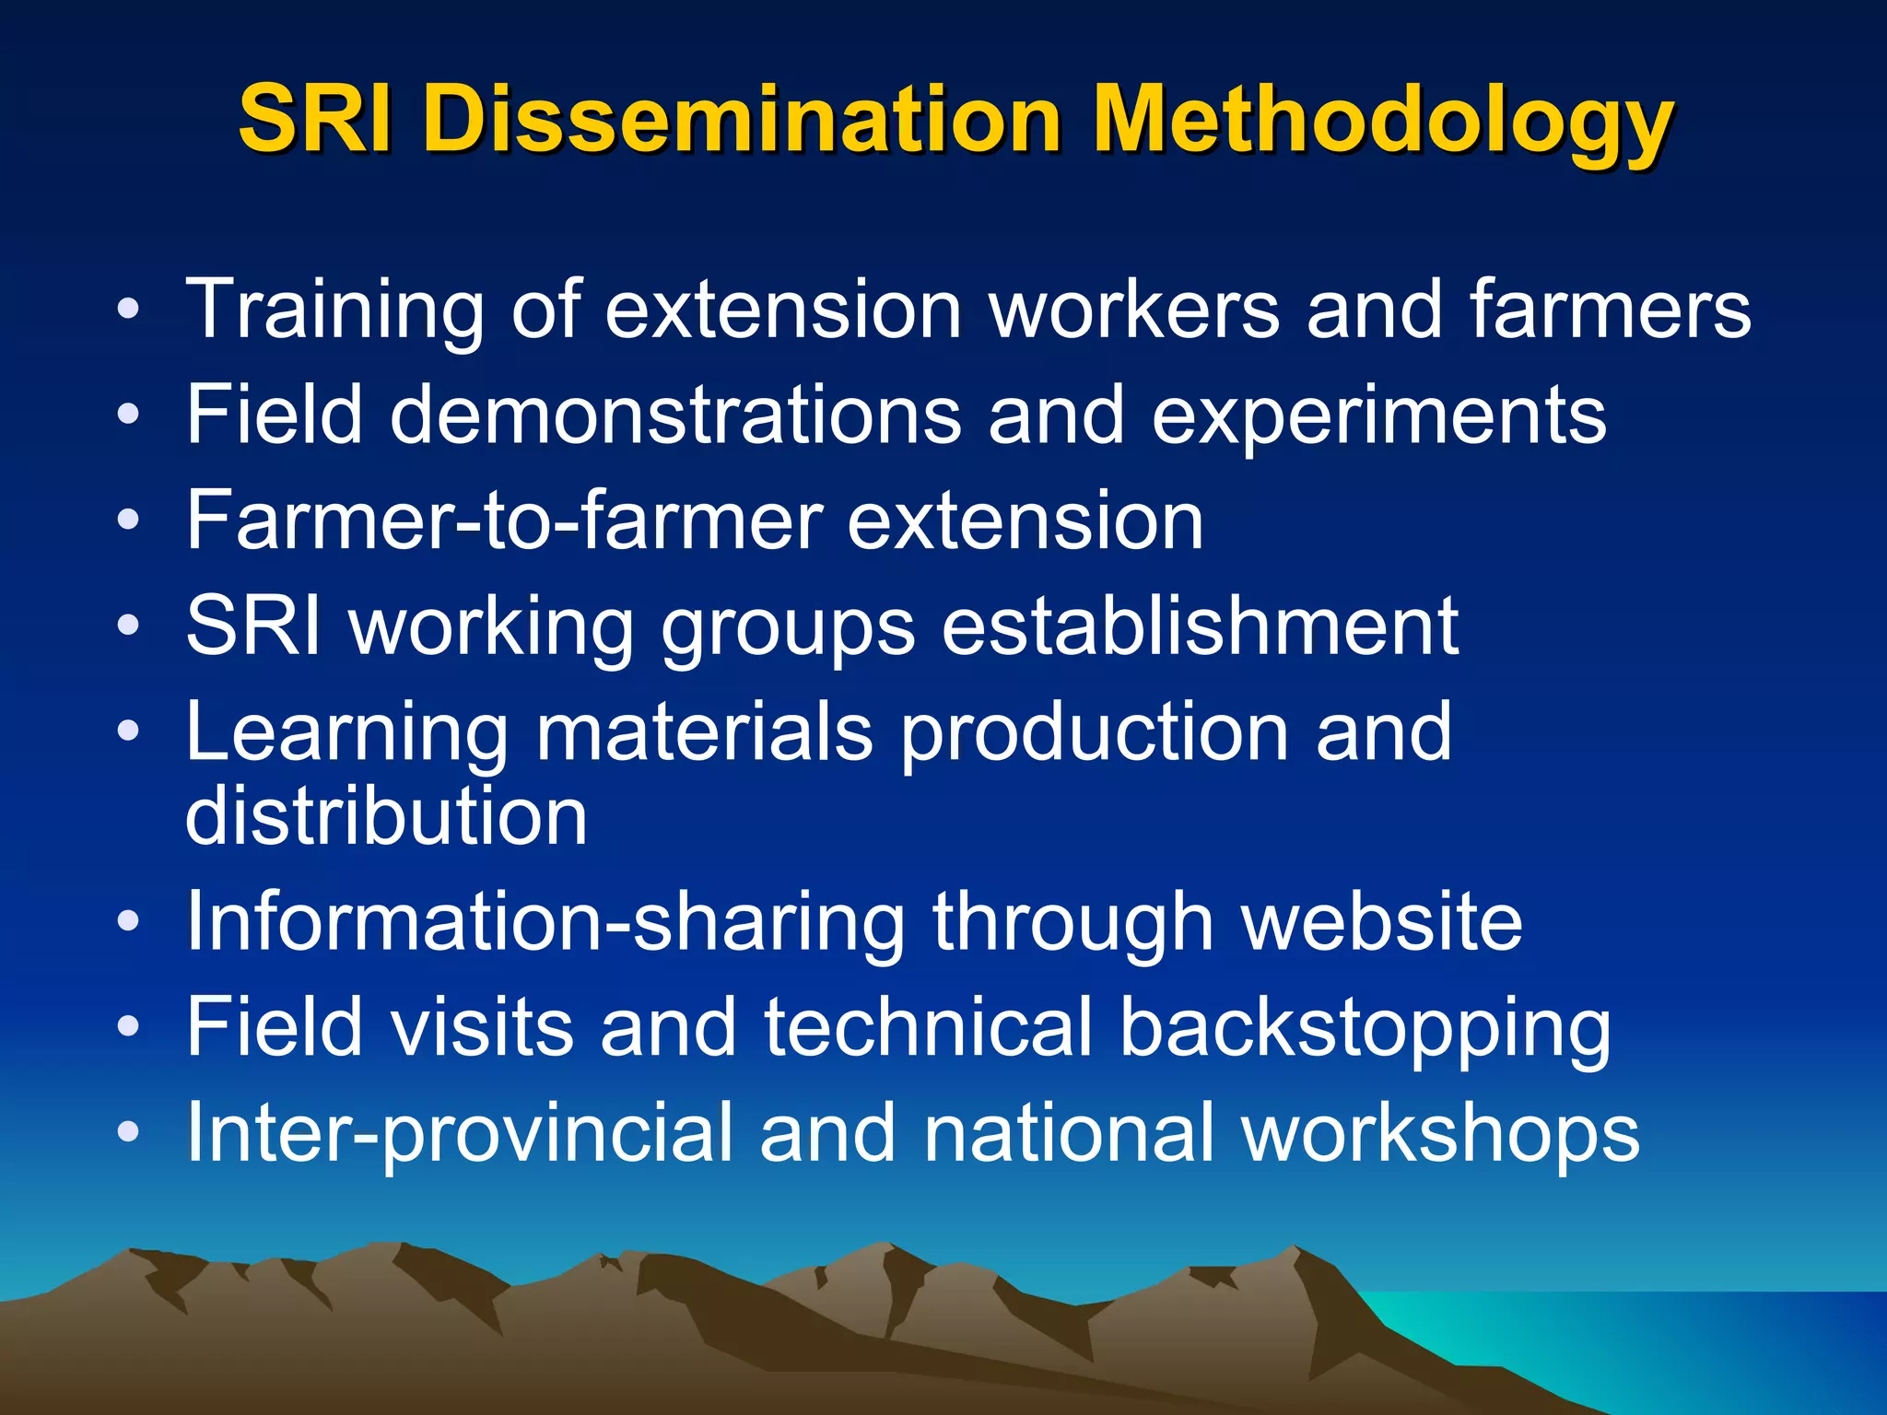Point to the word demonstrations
tap(675, 415)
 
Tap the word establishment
tap(1201, 626)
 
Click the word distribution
tap(386, 816)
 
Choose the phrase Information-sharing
tap(545, 924)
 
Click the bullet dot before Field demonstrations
tap(129, 415)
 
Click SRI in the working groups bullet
tap(254, 626)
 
